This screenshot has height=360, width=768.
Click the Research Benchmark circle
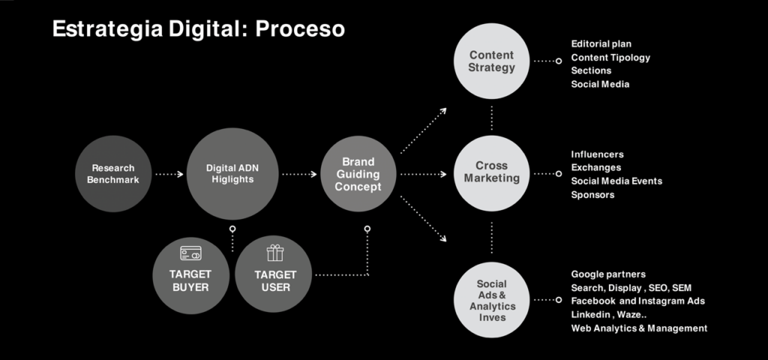coord(113,174)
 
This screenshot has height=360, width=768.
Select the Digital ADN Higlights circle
coord(232,174)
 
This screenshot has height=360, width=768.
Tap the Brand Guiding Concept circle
coord(358,174)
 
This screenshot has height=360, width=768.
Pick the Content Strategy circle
coord(491,61)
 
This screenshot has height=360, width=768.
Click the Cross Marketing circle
coord(491,173)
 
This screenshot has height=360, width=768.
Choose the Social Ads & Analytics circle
coord(491,300)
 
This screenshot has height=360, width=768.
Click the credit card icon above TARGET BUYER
coord(190,253)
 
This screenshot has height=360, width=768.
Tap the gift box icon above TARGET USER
coord(275,253)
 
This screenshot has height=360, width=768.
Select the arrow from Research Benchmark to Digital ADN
coord(169,174)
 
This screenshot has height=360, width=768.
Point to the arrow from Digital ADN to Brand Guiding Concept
coord(300,174)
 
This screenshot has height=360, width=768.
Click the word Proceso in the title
coord(300,29)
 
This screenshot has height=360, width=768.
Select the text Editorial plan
coord(601,44)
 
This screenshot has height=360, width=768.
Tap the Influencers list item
coord(597,154)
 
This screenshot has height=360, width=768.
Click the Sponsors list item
coord(592,195)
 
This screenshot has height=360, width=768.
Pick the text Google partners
coord(608,274)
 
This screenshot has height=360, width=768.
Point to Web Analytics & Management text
coord(639,328)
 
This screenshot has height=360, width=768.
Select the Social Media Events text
coord(616,181)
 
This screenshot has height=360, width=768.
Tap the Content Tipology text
coord(610,58)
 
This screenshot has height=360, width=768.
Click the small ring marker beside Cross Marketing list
coord(558,174)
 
